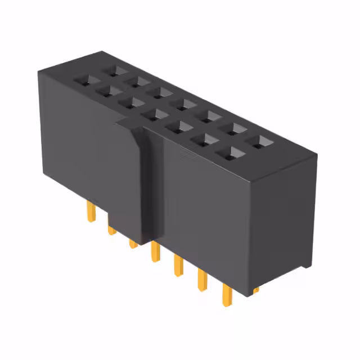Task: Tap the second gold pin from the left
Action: click(x=112, y=229)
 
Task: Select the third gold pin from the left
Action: click(x=133, y=243)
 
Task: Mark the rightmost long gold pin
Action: click(x=228, y=295)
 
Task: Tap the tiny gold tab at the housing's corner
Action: click(x=256, y=290)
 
